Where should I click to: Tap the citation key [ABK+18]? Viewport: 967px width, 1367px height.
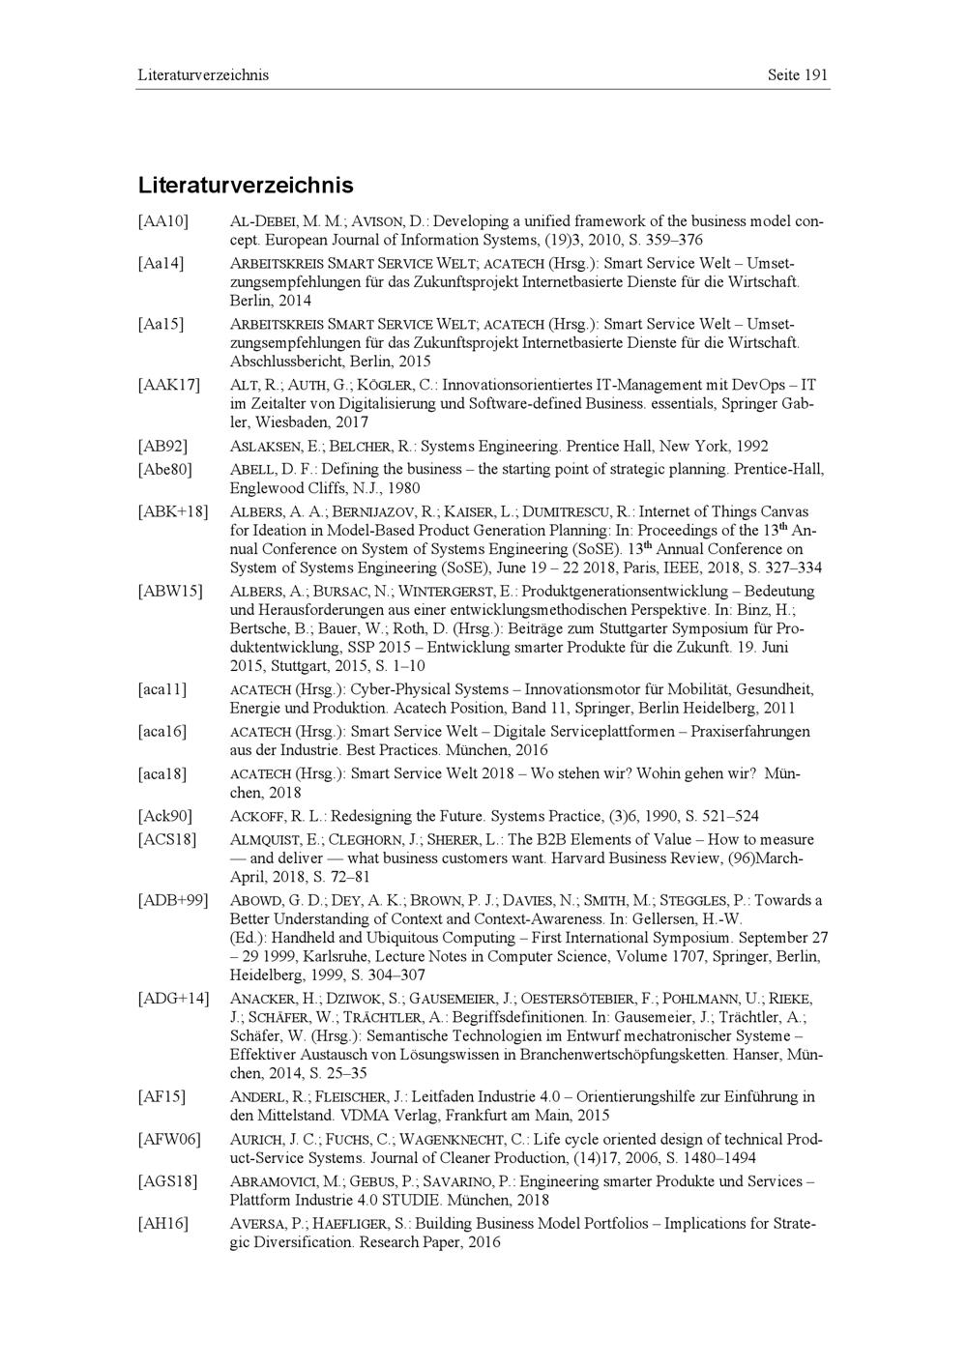click(173, 511)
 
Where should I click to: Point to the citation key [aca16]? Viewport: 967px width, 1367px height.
click(162, 732)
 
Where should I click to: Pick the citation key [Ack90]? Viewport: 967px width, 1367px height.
click(164, 816)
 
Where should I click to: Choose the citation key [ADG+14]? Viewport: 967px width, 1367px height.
click(173, 998)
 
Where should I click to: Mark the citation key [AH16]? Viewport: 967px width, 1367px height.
click(162, 1224)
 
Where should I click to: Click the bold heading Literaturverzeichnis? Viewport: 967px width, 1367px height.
click(246, 185)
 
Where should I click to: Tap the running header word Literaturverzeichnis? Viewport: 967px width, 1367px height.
click(203, 74)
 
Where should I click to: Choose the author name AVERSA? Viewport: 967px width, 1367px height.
click(258, 1224)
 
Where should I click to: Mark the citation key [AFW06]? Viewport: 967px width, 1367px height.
click(169, 1140)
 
